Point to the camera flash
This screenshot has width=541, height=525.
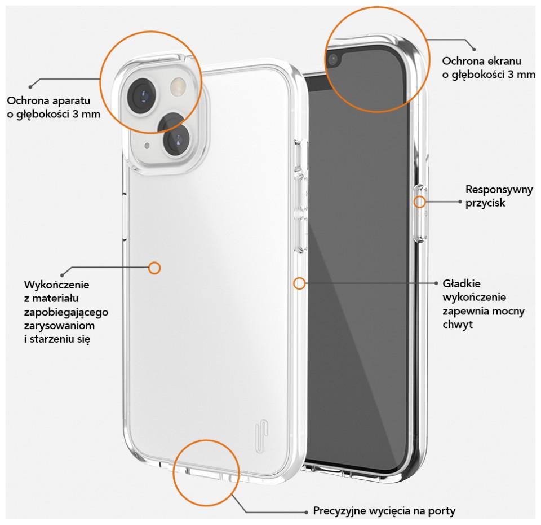(179, 86)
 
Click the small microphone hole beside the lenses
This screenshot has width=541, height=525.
(147, 146)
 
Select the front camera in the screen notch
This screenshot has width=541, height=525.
(333, 60)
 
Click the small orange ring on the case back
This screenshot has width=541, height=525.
(154, 268)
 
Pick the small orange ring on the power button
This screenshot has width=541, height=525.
(419, 202)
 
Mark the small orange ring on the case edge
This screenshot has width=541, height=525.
(299, 283)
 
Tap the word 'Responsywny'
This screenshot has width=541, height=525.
(499, 190)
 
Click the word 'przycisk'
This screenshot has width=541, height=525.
(485, 203)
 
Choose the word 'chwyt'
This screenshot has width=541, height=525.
(458, 325)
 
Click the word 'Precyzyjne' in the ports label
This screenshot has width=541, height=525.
(339, 511)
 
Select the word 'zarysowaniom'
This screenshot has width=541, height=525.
(59, 326)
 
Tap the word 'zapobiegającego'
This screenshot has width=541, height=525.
(66, 312)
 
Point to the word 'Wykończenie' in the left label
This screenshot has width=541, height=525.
(56, 285)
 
